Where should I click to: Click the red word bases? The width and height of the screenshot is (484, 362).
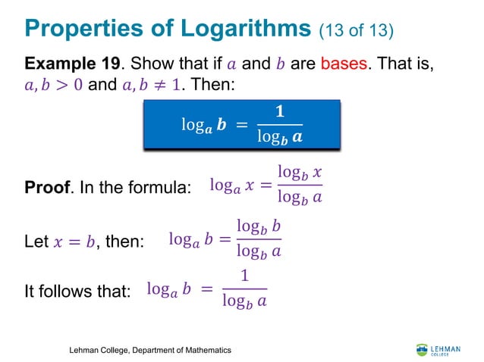click(x=344, y=64)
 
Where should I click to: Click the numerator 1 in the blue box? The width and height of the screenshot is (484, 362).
click(x=279, y=112)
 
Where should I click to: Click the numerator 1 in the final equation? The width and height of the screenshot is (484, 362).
click(x=244, y=277)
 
